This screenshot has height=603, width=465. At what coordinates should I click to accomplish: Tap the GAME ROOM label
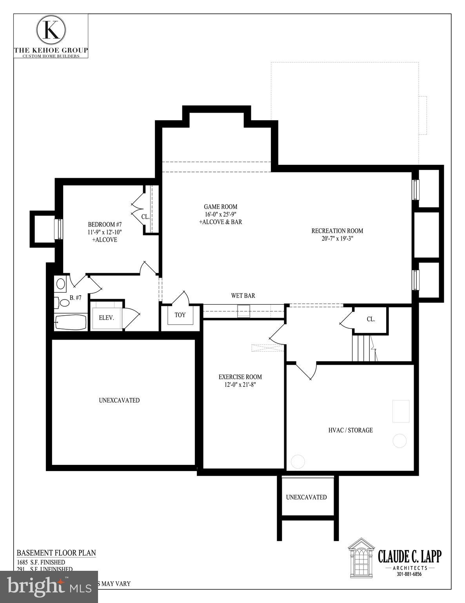tap(220, 207)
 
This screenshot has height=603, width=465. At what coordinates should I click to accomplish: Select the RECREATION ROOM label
tap(337, 231)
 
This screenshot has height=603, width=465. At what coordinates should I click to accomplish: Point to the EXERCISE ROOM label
tap(240, 377)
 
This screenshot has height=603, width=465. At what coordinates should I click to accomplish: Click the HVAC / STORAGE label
tap(350, 430)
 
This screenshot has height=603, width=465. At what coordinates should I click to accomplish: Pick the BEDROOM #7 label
tap(105, 225)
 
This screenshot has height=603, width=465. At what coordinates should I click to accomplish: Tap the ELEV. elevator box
tap(106, 318)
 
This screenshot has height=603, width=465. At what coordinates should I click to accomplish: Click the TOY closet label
tap(180, 315)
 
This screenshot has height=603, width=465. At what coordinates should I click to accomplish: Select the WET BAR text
tap(243, 296)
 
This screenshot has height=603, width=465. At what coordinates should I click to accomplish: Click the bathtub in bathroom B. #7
tap(71, 323)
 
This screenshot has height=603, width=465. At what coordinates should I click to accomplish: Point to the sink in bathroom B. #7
tap(60, 283)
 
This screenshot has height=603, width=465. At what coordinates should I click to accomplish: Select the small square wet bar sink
tap(244, 311)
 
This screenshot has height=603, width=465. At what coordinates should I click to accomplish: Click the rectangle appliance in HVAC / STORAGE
tap(401, 411)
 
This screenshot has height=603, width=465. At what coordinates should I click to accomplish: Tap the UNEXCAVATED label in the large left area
tap(119, 400)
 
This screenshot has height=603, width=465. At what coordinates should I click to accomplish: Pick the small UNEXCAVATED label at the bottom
tap(306, 497)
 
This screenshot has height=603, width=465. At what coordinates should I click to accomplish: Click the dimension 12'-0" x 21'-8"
tap(240, 385)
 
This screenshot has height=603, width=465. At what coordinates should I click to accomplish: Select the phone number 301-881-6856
tap(409, 574)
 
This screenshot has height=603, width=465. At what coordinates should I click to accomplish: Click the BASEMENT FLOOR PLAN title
tap(56, 553)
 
